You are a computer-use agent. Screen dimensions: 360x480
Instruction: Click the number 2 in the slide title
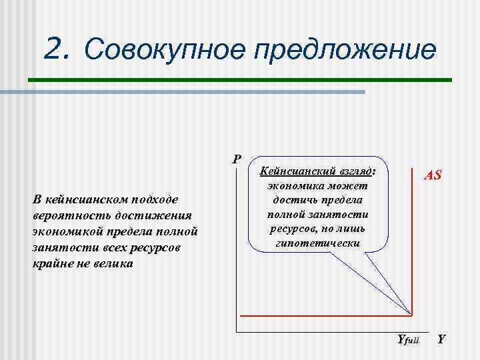click(56, 48)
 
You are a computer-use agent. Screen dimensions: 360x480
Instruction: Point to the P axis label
click(236, 159)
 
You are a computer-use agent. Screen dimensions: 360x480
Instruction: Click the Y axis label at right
click(441, 340)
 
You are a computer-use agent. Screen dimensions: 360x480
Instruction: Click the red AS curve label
click(433, 176)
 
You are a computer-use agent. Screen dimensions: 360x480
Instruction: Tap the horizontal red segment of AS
click(320, 315)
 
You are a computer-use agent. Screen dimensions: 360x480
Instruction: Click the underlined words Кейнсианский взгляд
click(317, 171)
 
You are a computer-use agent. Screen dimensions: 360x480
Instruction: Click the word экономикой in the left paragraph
click(67, 232)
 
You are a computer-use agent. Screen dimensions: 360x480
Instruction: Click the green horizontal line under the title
click(240, 80)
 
